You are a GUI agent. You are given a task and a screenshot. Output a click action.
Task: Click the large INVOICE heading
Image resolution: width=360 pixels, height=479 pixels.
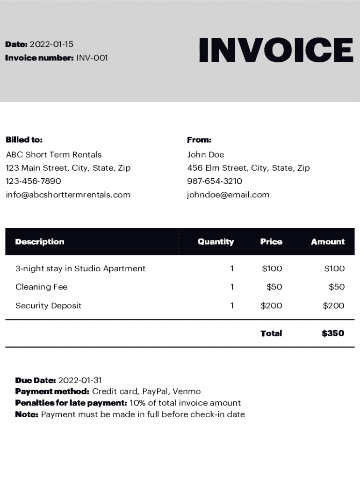tap(276, 50)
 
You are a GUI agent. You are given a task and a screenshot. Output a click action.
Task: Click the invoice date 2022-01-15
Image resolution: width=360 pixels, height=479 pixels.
tap(51, 44)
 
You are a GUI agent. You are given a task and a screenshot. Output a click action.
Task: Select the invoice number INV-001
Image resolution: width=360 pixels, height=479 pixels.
tap(92, 58)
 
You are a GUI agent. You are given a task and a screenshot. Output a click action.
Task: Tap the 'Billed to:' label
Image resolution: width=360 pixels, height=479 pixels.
tap(24, 140)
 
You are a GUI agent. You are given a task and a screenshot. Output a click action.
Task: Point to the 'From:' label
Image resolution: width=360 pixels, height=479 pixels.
tap(199, 140)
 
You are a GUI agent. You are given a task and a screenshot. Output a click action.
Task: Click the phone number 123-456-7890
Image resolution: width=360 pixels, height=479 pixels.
tap(33, 181)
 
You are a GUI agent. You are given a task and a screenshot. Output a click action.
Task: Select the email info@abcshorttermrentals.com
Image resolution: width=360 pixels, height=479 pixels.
tap(68, 195)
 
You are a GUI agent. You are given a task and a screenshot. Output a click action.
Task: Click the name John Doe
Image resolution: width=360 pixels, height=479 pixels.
tap(206, 155)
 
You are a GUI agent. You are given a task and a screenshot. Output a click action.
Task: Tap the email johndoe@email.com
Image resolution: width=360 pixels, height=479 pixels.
tap(228, 195)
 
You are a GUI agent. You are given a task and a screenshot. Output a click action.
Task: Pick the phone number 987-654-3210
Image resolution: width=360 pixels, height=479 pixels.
tap(215, 181)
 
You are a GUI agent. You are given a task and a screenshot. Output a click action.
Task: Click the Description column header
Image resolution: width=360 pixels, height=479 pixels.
tap(40, 242)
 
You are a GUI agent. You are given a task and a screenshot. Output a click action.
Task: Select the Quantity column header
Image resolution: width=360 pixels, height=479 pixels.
tap(216, 242)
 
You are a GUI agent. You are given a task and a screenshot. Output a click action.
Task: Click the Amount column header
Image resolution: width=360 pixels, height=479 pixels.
tap(328, 242)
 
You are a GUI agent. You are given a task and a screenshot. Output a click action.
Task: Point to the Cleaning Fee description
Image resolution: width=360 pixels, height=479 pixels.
tap(42, 287)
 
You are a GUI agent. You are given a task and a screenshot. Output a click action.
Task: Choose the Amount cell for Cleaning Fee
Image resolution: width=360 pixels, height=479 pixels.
tap(336, 287)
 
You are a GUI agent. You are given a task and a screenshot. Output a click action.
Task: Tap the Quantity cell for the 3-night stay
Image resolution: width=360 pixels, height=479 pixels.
tap(232, 269)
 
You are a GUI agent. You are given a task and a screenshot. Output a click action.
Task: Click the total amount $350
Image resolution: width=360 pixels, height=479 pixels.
tap(333, 333)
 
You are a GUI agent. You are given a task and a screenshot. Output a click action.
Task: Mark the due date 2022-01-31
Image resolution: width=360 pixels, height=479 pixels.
tap(80, 380)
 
